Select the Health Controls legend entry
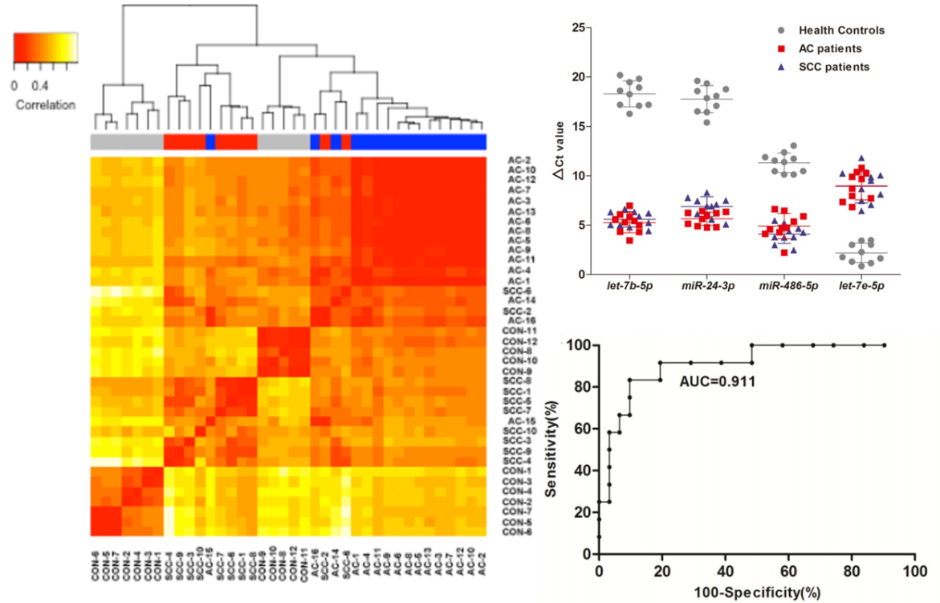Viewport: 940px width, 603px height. (x=840, y=31)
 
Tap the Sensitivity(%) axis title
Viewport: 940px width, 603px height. (x=551, y=450)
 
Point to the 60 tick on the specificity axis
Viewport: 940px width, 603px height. (x=787, y=570)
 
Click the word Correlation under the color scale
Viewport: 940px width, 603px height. (x=45, y=105)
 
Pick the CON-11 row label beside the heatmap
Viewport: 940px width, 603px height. (x=520, y=330)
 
